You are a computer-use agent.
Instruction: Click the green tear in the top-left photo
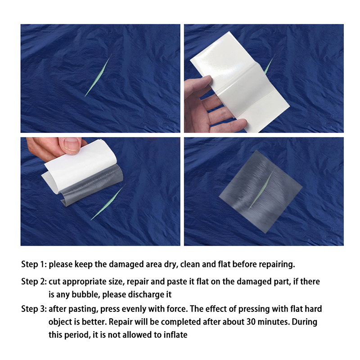(x=98, y=76)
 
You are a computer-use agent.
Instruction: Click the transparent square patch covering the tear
(x=261, y=192)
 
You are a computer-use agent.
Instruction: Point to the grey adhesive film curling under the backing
(x=92, y=186)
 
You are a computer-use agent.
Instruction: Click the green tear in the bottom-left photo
(x=107, y=202)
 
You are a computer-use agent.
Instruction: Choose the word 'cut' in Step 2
(x=54, y=282)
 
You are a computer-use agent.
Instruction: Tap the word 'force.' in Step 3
(x=176, y=309)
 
